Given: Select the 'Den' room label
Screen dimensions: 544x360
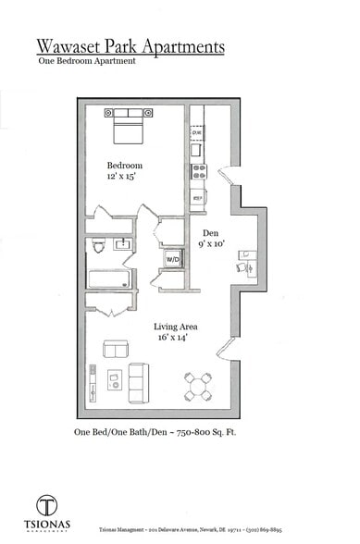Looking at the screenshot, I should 211,233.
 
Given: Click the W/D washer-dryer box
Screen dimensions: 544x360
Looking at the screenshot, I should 172,260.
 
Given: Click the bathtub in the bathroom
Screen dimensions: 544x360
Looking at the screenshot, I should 108,278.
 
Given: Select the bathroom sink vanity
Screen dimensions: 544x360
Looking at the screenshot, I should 122,243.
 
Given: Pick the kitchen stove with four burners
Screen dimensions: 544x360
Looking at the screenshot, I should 198,171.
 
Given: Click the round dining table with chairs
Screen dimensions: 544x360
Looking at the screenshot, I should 197,387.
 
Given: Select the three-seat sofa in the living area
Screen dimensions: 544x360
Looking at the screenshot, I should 138,382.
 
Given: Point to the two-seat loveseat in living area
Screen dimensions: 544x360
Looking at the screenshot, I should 116,349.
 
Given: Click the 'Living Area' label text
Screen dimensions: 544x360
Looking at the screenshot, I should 176,327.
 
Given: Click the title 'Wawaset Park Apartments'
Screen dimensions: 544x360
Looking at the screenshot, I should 130,46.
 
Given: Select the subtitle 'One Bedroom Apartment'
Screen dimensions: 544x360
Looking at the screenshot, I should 87,61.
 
